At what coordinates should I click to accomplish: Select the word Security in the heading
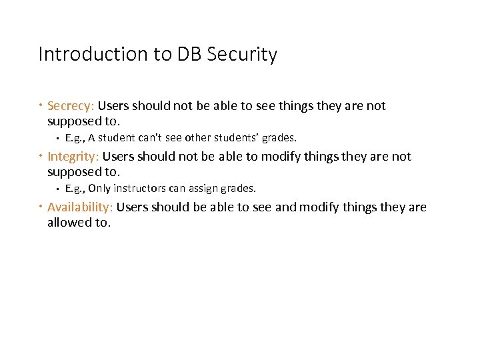242,54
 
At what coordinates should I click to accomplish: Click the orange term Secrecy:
72,105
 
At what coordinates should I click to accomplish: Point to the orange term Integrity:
73,156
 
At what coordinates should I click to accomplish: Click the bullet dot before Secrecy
41,106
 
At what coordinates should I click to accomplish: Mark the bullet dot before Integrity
41,157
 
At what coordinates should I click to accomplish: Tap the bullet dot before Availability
41,207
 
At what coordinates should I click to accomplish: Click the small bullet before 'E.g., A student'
58,139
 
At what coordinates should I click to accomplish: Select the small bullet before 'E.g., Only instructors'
58,189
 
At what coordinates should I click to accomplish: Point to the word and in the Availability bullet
285,207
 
